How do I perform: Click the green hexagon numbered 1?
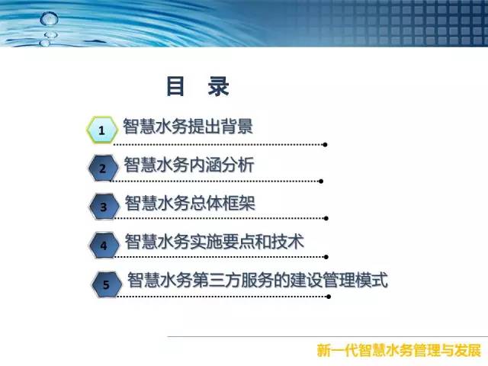click(x=102, y=130)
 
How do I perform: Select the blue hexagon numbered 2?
click(x=104, y=168)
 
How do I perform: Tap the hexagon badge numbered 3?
click(x=104, y=207)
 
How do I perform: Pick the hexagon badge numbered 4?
click(x=104, y=246)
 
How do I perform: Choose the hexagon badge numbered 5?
click(x=107, y=284)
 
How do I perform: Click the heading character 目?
click(x=175, y=86)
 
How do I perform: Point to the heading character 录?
click(x=219, y=86)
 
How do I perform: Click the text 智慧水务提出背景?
click(x=188, y=126)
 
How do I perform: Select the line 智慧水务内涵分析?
click(x=189, y=165)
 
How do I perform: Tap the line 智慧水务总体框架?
click(x=190, y=203)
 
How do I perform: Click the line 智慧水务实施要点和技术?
click(x=214, y=241)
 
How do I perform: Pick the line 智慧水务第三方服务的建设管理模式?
click(x=258, y=280)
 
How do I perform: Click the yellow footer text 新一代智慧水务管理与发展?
click(x=399, y=351)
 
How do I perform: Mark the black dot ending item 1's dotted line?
click(x=325, y=145)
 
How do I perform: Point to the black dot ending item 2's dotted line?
click(x=321, y=181)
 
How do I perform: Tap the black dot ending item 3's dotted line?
click(x=326, y=219)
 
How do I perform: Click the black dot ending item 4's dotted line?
click(x=326, y=257)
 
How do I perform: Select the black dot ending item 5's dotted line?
click(x=329, y=297)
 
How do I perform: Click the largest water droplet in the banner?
click(x=49, y=18)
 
